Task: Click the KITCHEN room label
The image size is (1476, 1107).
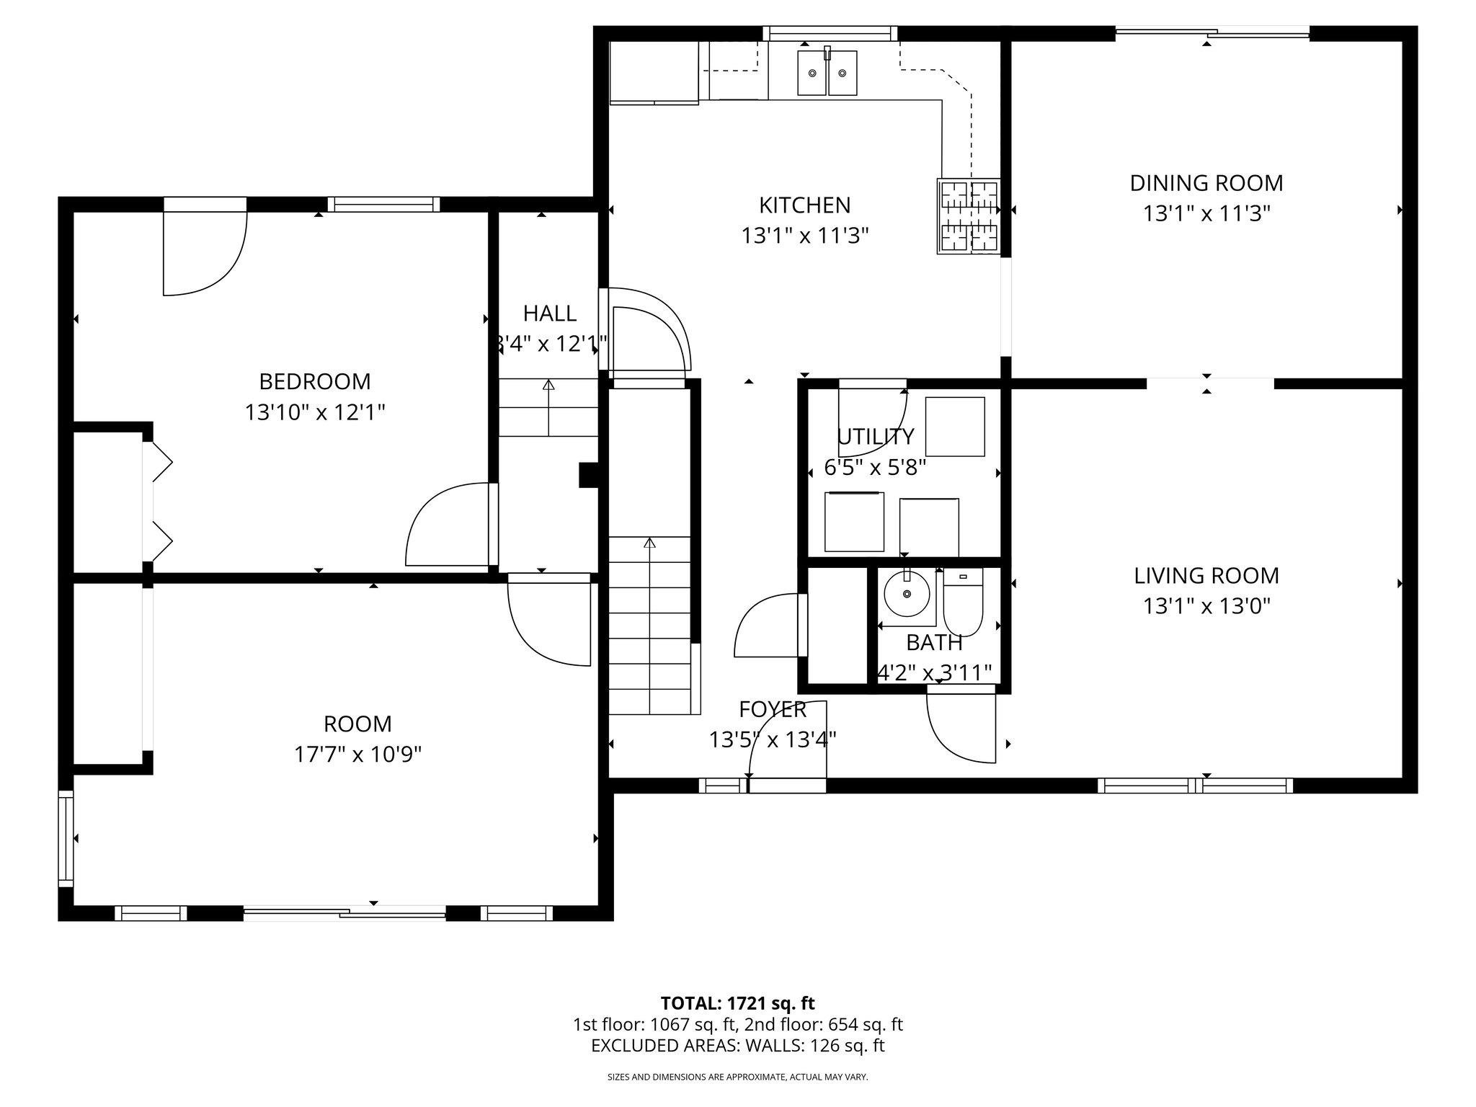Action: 804,205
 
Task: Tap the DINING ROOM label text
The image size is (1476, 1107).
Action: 1206,183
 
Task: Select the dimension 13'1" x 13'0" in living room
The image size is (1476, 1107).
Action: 1206,606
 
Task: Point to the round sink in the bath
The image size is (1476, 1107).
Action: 907,593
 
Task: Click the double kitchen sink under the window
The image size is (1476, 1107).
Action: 827,73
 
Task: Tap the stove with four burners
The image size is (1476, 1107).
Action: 969,216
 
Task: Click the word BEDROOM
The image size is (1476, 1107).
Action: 315,381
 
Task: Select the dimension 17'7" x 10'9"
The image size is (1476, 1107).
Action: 357,755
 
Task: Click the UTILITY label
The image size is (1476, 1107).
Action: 875,437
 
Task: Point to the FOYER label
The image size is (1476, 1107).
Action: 772,710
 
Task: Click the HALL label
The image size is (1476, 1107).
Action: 549,314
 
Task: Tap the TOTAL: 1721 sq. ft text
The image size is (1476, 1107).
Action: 737,1003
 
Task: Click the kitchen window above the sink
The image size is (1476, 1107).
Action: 830,33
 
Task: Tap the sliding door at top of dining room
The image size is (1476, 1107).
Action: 1212,32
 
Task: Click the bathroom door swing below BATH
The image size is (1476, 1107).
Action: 961,724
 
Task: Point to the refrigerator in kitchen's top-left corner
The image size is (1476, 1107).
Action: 654,72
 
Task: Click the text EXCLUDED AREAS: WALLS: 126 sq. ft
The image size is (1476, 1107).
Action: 737,1046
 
